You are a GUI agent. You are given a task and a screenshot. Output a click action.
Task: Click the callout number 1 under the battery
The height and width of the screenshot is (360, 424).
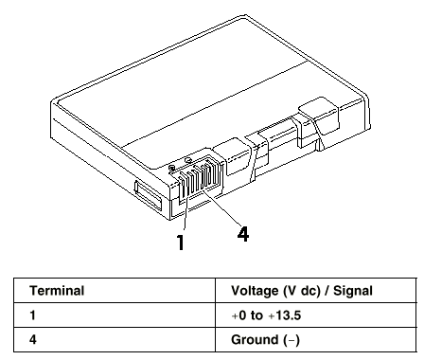pyautogui.click(x=181, y=243)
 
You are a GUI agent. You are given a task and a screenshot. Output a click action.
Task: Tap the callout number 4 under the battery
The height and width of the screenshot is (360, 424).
pyautogui.click(x=243, y=234)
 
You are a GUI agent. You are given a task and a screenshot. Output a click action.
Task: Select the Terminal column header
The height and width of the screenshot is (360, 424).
pyautogui.click(x=57, y=291)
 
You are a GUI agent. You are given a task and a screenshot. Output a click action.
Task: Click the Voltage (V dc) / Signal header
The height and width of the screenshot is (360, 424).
pyautogui.click(x=302, y=291)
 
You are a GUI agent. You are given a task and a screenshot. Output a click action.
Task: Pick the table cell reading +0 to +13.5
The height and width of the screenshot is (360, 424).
pyautogui.click(x=266, y=315)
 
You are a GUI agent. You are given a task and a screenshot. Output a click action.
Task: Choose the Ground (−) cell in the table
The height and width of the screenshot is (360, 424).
pyautogui.click(x=265, y=340)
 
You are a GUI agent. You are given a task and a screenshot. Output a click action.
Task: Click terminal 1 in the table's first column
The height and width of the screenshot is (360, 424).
pyautogui.click(x=32, y=315)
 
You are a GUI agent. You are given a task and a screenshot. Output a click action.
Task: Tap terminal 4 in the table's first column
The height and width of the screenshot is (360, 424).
pyautogui.click(x=33, y=340)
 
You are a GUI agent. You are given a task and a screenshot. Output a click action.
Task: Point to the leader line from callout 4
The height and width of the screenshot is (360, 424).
pyautogui.click(x=221, y=207)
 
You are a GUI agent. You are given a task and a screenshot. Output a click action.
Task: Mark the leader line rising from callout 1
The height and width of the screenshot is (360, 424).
pyautogui.click(x=185, y=211)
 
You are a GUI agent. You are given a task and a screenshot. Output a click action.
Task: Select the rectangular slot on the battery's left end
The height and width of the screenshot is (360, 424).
pyautogui.click(x=149, y=196)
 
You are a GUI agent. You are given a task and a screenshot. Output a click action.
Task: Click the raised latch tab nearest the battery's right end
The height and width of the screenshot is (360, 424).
pyautogui.click(x=319, y=117)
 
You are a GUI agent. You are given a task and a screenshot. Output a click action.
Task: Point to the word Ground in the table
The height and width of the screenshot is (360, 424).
pyautogui.click(x=255, y=340)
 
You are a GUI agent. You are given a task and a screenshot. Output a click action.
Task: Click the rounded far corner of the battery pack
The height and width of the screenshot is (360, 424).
pyautogui.click(x=246, y=15)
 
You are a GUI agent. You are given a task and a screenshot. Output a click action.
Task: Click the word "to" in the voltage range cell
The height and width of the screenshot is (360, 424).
pyautogui.click(x=256, y=315)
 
